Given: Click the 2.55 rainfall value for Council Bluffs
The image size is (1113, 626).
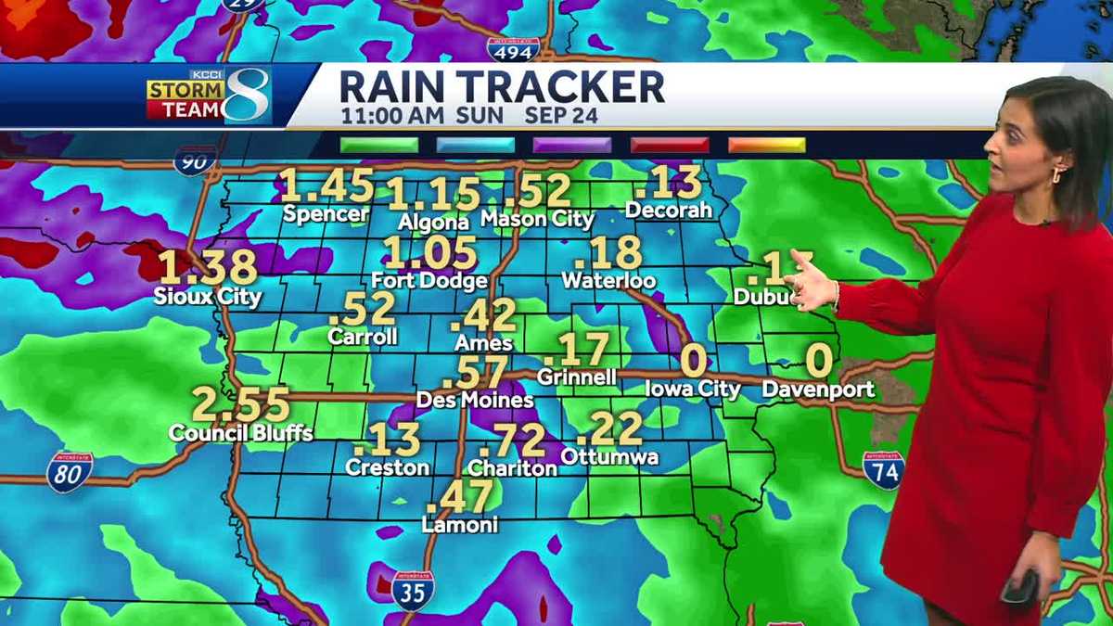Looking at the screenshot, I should pyautogui.click(x=241, y=405).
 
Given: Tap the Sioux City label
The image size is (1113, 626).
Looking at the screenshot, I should pyautogui.click(x=209, y=297).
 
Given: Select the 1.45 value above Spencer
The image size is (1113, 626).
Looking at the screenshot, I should pyautogui.click(x=326, y=185).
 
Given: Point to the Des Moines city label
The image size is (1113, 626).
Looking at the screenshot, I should pyautogui.click(x=475, y=401).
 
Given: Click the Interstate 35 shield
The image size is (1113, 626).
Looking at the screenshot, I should pyautogui.click(x=413, y=590).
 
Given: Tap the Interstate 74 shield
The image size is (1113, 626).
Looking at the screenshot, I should pyautogui.click(x=883, y=470).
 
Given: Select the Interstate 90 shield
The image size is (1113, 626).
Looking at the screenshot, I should pyautogui.click(x=195, y=160).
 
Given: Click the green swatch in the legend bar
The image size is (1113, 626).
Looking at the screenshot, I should pyautogui.click(x=378, y=145).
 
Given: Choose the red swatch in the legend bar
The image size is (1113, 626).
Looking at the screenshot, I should pyautogui.click(x=670, y=145).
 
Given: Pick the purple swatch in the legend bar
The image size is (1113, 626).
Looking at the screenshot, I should pyautogui.click(x=572, y=145).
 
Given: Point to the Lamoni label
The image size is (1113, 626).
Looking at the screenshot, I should pyautogui.click(x=460, y=525).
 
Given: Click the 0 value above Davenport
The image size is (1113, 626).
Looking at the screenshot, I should pyautogui.click(x=817, y=361).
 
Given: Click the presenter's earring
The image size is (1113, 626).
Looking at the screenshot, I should pyautogui.click(x=1058, y=175).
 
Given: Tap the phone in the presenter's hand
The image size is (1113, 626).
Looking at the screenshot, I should pyautogui.click(x=1020, y=586).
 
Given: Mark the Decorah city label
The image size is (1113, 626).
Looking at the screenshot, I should pyautogui.click(x=669, y=211).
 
